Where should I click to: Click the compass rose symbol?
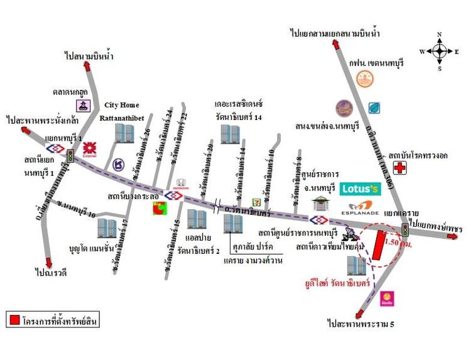440,51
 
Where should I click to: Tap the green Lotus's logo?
361,188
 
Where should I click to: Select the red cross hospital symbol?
398,168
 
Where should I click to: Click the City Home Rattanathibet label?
122,111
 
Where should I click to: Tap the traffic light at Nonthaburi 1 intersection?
70,155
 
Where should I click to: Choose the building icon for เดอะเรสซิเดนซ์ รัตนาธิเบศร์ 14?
230,133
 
